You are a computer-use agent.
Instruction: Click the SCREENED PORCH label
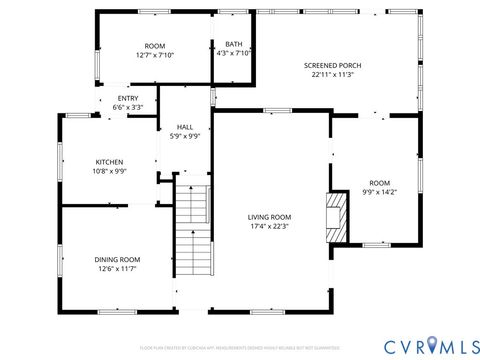pos(333,65)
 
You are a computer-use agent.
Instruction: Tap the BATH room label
pos(233,44)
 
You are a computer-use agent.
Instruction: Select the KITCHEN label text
pos(109,162)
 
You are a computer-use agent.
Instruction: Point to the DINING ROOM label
pos(117,259)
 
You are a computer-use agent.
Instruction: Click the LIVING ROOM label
pos(270,217)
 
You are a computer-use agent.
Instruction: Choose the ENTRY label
pos(128,98)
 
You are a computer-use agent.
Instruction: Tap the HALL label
pos(185,127)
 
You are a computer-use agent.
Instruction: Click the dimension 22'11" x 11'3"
pos(333,74)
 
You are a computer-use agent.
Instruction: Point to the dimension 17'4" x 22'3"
pos(270,226)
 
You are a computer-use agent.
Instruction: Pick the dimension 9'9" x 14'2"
pos(379,191)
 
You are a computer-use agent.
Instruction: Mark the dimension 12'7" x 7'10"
pos(155,55)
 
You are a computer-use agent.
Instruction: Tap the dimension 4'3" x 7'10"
pos(233,53)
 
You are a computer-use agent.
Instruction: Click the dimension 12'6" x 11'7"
pos(117,268)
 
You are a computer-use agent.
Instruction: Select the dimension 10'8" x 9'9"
pos(109,171)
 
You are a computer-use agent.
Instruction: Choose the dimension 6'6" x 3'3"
pos(128,107)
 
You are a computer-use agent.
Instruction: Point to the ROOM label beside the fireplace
pos(379,182)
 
